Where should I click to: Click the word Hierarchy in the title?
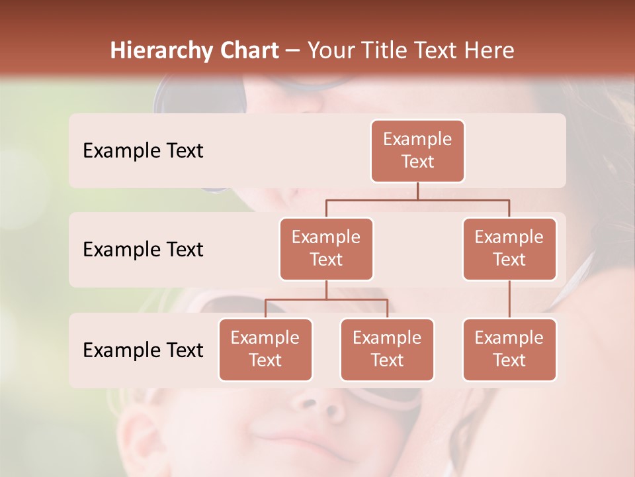pos(151,51)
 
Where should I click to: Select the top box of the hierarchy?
pos(417,150)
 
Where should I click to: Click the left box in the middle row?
pos(326,248)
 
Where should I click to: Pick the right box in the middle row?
pos(509,248)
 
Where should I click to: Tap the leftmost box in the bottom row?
pos(265,349)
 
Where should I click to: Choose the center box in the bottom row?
pos(387,349)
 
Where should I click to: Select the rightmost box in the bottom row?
pos(509,349)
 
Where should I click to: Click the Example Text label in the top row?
pos(143,151)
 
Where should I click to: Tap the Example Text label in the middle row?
pos(143,250)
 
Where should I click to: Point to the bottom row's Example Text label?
pos(143,350)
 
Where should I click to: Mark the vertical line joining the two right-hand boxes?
pos(509,299)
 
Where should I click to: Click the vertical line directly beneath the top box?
pos(417,191)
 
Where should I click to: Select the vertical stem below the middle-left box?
pos(326,290)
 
